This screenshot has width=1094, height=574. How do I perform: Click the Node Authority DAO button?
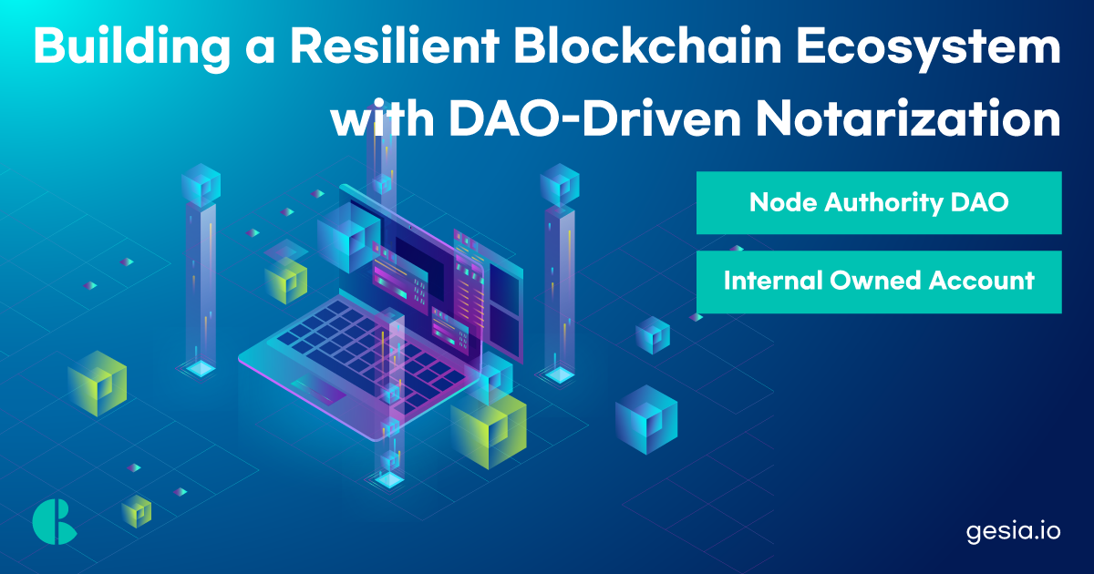coord(879,202)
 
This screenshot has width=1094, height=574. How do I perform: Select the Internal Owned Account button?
coord(879,282)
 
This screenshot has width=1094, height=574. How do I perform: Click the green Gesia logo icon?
coord(54,522)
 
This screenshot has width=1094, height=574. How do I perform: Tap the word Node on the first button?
coord(777,202)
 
